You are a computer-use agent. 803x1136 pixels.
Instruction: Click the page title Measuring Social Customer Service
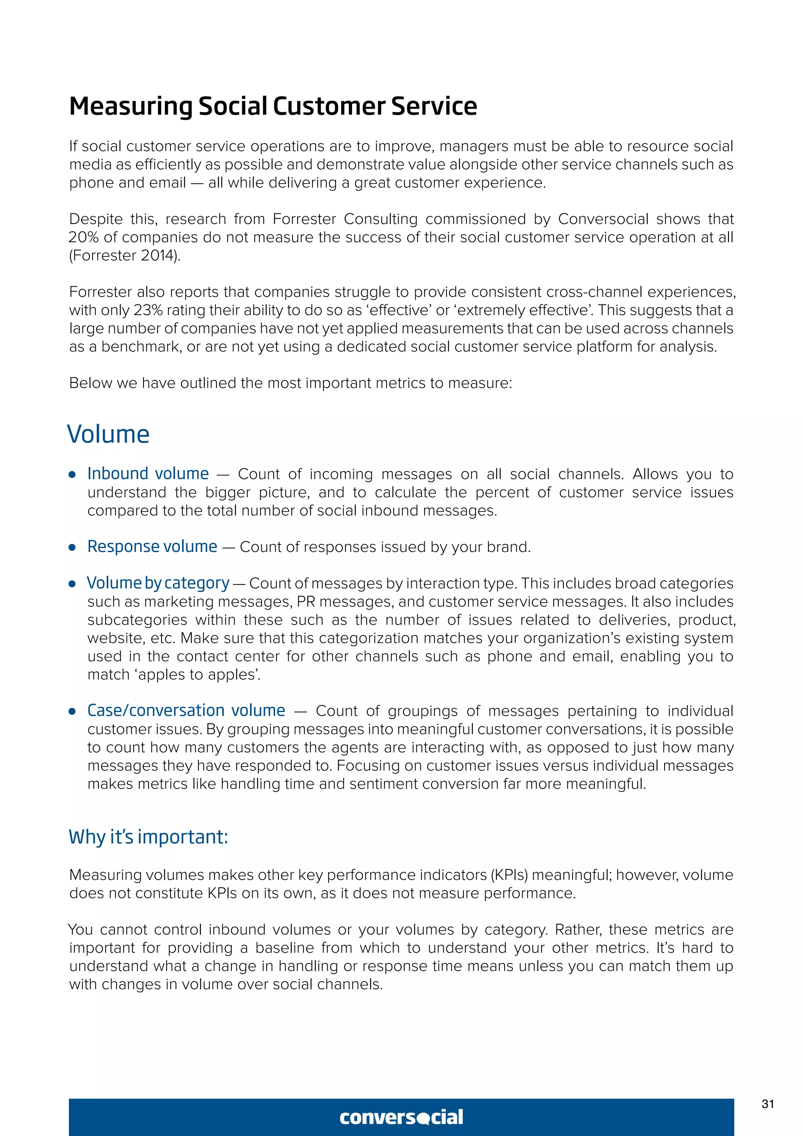pos(273,106)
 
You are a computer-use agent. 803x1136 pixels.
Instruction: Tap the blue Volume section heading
pos(108,434)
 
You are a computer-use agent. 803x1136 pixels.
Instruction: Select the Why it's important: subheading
pos(148,837)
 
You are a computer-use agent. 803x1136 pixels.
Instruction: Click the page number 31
pos(767,1104)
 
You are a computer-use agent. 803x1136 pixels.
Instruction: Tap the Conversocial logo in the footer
pos(401,1117)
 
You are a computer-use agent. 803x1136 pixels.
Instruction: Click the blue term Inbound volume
pos(148,473)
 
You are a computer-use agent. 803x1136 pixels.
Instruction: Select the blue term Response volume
pos(152,546)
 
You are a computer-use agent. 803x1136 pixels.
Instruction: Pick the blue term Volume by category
pos(158,583)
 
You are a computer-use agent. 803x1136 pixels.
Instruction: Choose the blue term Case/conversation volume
pos(186,710)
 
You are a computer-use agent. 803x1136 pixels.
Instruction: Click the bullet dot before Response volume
pos(72,547)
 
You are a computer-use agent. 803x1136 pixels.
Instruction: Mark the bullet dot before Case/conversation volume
pos(72,712)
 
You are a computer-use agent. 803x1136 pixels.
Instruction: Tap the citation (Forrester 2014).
pos(125,256)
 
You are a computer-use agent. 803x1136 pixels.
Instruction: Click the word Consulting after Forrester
pos(380,219)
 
